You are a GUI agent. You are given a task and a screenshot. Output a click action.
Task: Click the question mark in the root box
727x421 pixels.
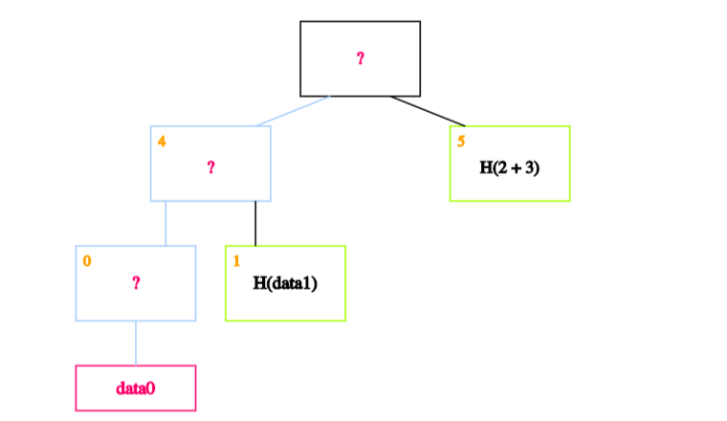(361, 58)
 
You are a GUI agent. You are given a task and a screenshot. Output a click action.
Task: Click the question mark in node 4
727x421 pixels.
(211, 167)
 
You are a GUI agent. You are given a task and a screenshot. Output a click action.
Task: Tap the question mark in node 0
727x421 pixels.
(136, 283)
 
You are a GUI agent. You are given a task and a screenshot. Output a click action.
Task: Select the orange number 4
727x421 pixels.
(162, 142)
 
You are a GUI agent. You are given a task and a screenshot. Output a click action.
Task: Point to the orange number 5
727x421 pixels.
(461, 142)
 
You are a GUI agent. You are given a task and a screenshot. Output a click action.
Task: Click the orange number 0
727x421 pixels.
(87, 261)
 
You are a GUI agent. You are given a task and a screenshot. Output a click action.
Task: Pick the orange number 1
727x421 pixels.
(236, 261)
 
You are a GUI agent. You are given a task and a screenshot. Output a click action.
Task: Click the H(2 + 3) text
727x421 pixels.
(510, 167)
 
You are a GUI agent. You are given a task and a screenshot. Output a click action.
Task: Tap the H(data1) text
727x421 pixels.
(285, 283)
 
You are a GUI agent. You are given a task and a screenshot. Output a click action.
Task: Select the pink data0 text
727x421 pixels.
(136, 388)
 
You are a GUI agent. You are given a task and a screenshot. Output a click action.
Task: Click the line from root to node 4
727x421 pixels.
(293, 111)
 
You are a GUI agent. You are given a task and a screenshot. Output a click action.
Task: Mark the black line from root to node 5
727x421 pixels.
(428, 111)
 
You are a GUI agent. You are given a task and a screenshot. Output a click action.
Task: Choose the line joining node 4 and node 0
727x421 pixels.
(166, 224)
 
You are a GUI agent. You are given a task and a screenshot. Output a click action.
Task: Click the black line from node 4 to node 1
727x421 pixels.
(255, 224)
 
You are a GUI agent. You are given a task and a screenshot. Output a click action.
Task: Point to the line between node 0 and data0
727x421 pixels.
(136, 343)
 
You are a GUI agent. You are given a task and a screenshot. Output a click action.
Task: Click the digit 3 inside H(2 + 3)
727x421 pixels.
(529, 167)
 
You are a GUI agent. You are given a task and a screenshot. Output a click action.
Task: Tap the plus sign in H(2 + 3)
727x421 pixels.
(515, 168)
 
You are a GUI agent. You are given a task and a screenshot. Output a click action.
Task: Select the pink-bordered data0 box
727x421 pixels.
(136, 388)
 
